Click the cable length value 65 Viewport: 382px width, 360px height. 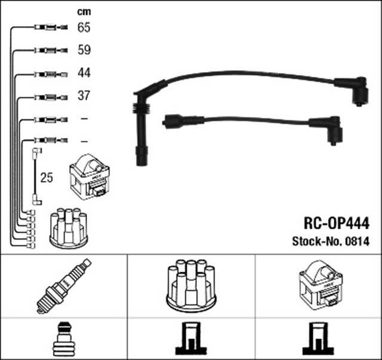84,27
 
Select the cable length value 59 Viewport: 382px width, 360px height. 84,51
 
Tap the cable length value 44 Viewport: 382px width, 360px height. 84,74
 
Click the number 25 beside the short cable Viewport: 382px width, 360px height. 47,178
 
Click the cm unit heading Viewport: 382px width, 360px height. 83,11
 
